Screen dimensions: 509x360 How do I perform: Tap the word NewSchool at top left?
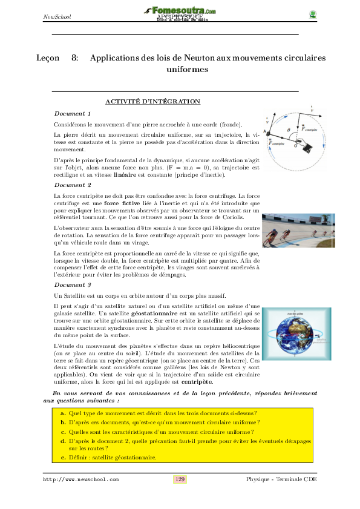57,16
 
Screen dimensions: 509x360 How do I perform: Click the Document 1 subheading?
73,114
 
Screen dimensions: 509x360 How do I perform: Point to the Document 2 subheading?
73,185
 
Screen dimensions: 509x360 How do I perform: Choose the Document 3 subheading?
73,284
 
